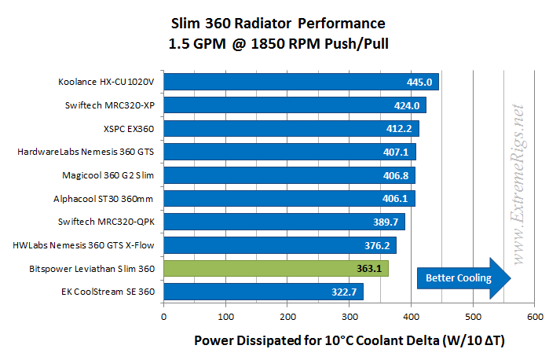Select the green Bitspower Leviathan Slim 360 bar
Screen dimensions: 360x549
pyautogui.click(x=275, y=269)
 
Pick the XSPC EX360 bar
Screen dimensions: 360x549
pyautogui.click(x=291, y=128)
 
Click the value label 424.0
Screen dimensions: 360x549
pyautogui.click(x=408, y=105)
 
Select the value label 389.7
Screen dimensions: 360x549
pyautogui.click(x=387, y=222)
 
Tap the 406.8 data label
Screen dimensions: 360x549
pyautogui.click(x=397, y=175)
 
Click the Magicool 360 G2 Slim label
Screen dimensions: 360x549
pyautogui.click(x=107, y=175)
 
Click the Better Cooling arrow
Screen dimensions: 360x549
pyautogui.click(x=463, y=277)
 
